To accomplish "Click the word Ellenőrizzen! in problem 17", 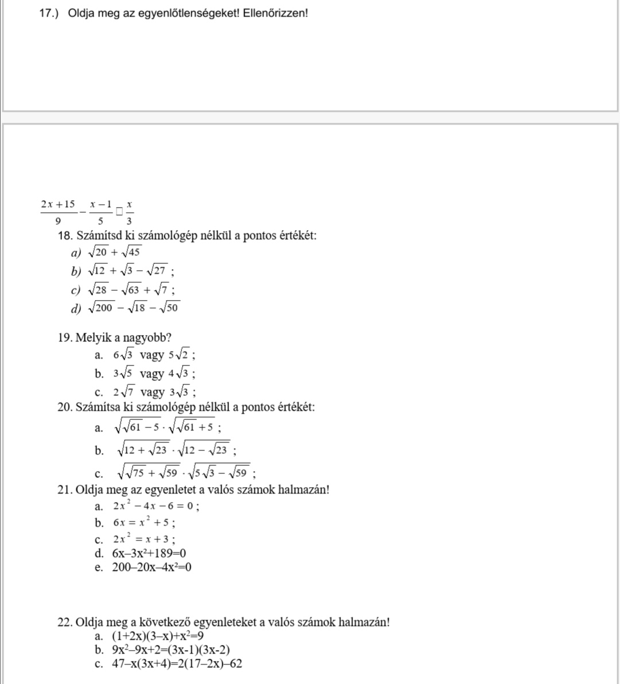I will click(x=276, y=13).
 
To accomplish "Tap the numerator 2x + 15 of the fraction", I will click(x=58, y=204).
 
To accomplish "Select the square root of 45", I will click(x=131, y=252).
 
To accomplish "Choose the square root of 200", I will click(x=102, y=308).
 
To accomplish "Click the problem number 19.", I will click(x=64, y=337).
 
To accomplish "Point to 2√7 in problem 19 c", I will click(x=124, y=393).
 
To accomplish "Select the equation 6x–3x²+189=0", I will click(x=149, y=553).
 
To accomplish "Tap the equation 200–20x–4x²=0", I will click(x=152, y=568).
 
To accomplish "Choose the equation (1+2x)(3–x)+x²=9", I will click(x=158, y=636).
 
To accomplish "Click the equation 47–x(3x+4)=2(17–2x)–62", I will click(x=177, y=664).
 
